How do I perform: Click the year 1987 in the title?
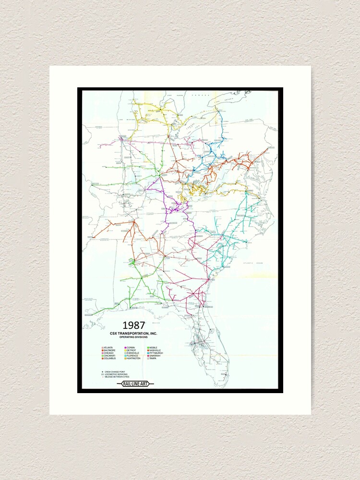tap(133, 325)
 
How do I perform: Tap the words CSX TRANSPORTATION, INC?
tap(133, 333)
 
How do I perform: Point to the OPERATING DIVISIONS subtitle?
tap(133, 337)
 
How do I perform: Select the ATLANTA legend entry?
tap(108, 347)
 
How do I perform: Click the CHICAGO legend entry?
tap(108, 353)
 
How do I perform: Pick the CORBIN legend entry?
tap(131, 347)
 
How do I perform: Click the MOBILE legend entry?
tap(154, 347)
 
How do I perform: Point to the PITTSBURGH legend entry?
tap(156, 353)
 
